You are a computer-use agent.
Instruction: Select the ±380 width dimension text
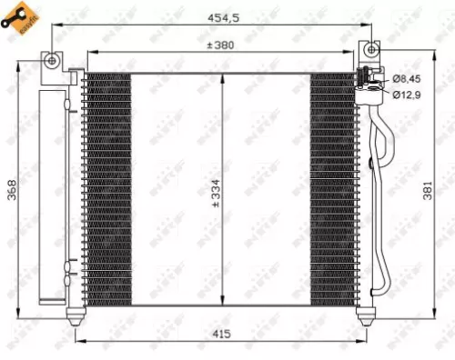click(223, 45)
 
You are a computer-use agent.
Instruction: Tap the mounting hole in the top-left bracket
click(53, 61)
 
